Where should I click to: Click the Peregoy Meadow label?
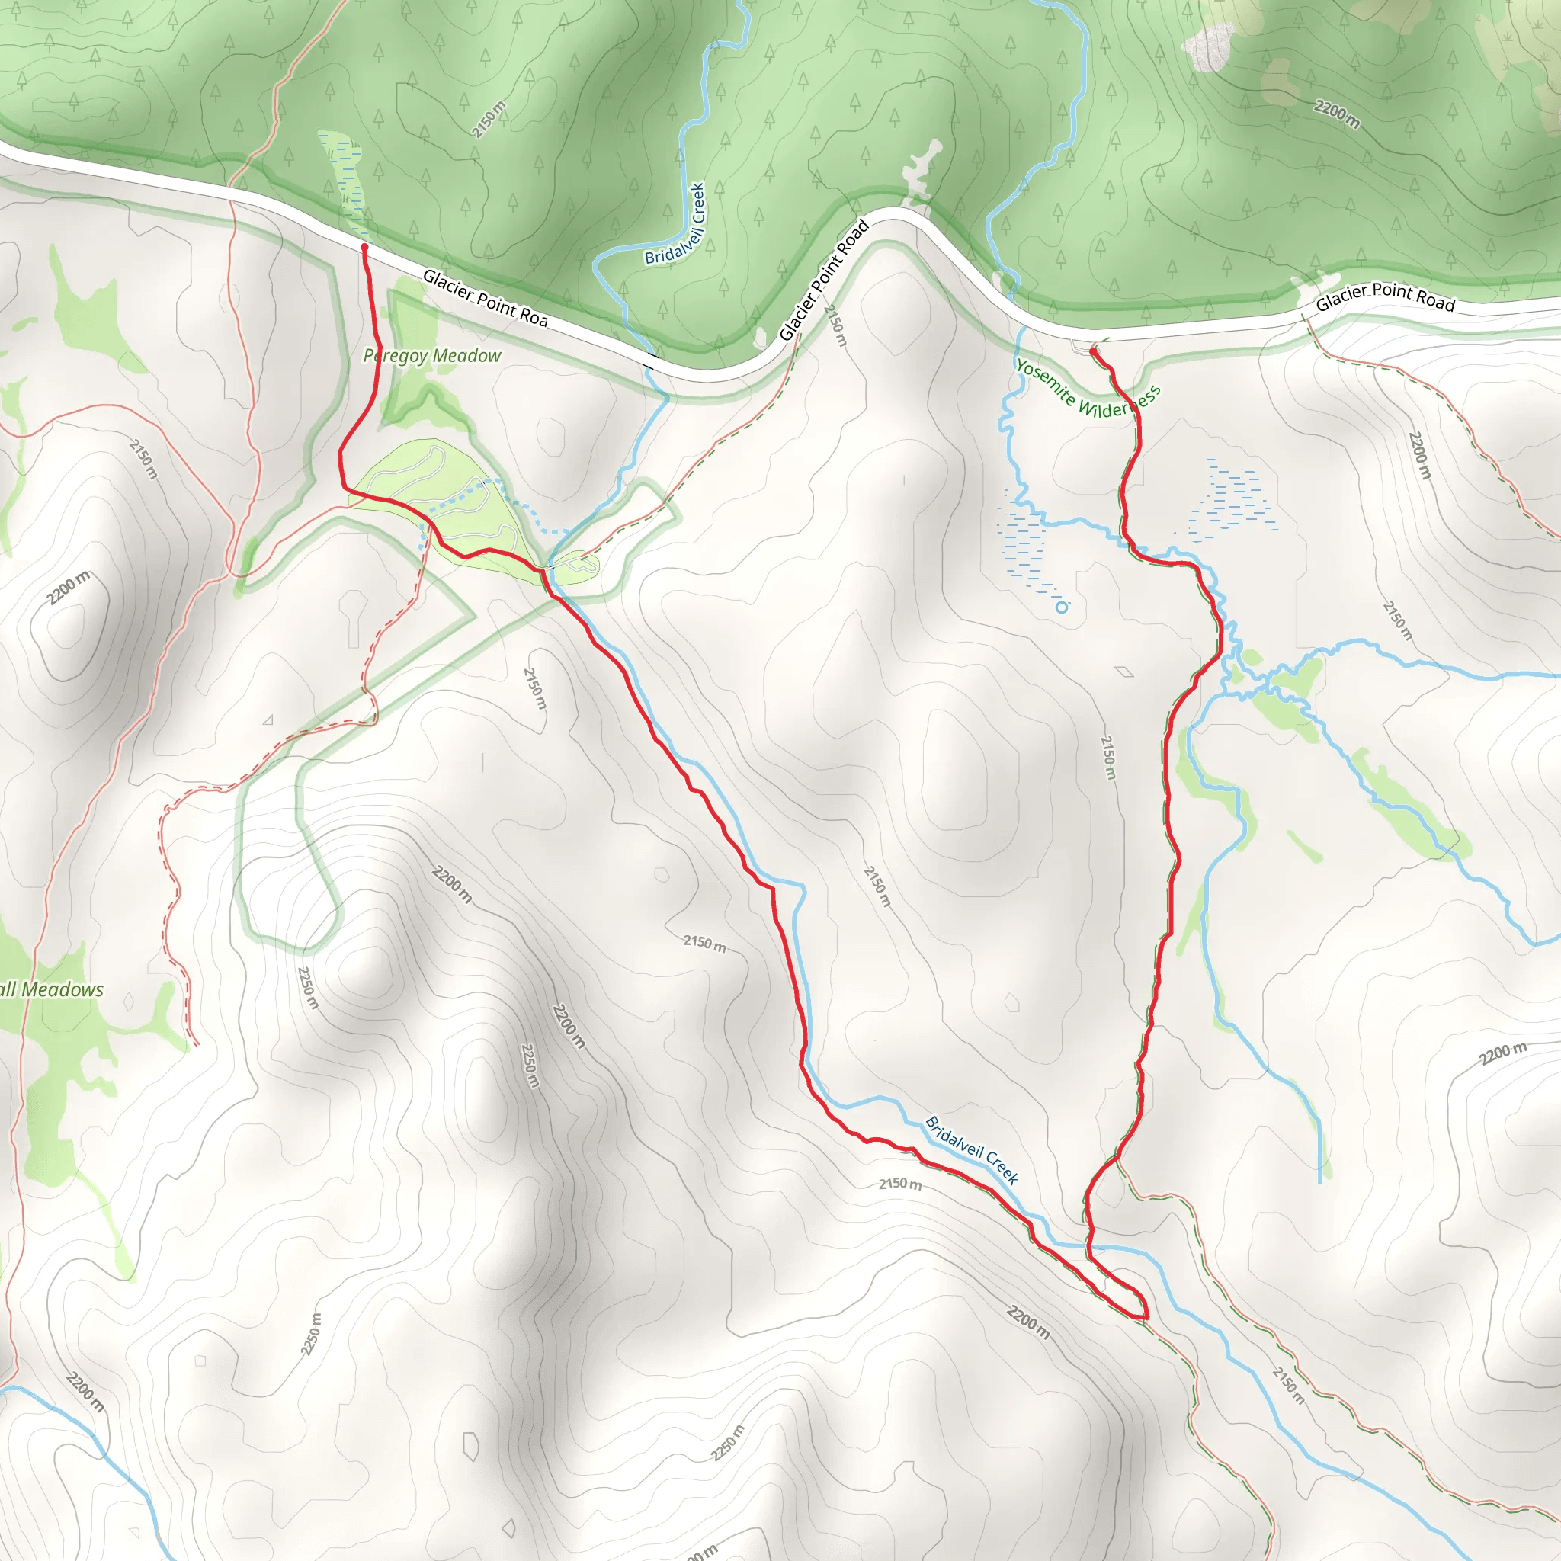pyautogui.click(x=431, y=355)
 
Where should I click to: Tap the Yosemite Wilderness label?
pyautogui.click(x=1088, y=390)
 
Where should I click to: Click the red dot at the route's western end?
pyautogui.click(x=364, y=247)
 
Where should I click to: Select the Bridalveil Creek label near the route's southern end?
pyautogui.click(x=971, y=1149)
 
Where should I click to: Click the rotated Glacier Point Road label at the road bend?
pyautogui.click(x=824, y=280)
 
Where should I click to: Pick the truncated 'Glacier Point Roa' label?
pyautogui.click(x=485, y=298)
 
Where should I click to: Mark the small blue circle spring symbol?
pyautogui.click(x=1062, y=607)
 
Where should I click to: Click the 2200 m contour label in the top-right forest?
pyautogui.click(x=1336, y=114)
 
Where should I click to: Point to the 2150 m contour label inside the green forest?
pyautogui.click(x=489, y=119)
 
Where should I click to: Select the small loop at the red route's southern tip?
pyautogui.click(x=1123, y=1293)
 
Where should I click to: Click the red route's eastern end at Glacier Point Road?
pyautogui.click(x=1093, y=351)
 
